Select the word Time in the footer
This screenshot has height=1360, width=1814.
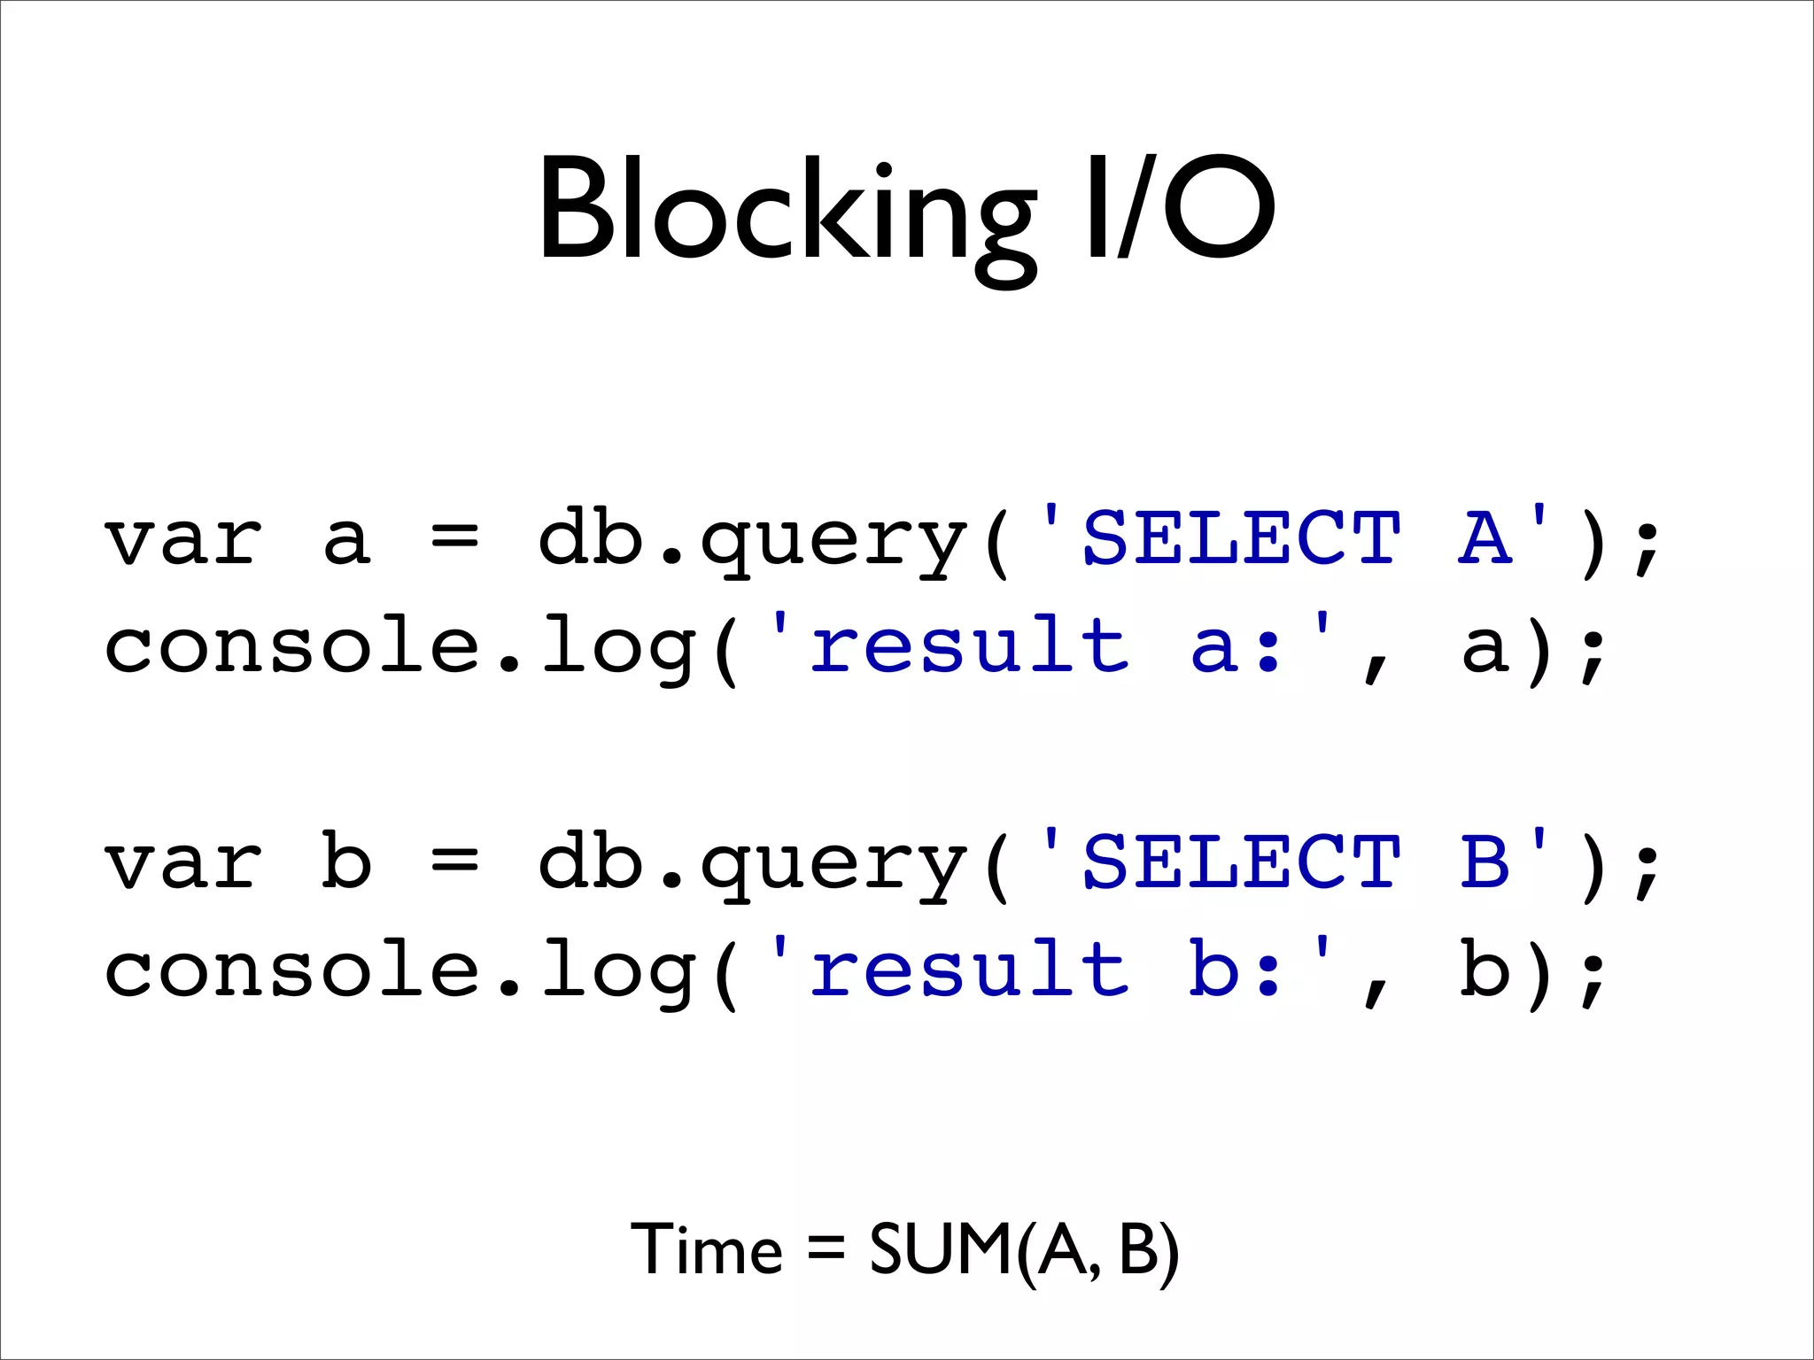coord(706,1249)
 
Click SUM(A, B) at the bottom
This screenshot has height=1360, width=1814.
coord(1024,1249)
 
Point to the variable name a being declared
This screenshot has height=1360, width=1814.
coord(345,540)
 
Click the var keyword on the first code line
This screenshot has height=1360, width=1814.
coord(183,540)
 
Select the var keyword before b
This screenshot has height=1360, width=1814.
coord(183,863)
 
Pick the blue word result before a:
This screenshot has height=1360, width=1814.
coord(970,645)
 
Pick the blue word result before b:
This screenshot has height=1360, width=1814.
coord(970,969)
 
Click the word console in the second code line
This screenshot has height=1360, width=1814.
coord(292,647)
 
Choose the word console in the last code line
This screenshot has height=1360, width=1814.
coord(292,970)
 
